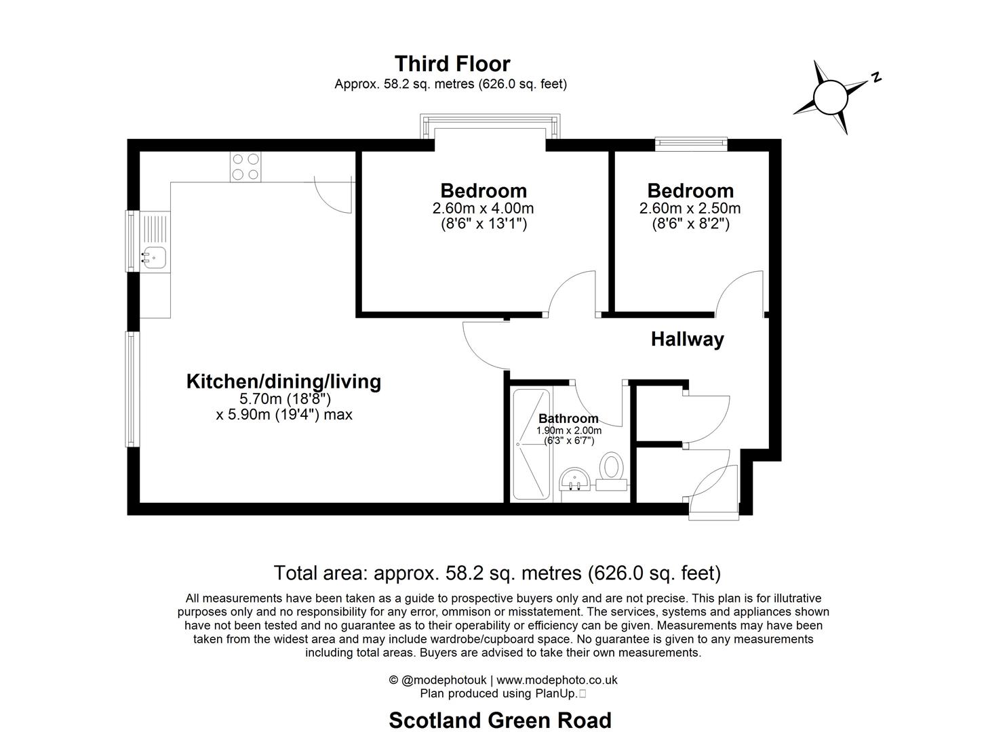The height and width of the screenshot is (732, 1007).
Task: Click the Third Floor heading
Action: click(452, 64)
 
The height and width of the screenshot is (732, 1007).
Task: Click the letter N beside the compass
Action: click(876, 77)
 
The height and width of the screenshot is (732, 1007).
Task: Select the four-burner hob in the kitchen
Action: click(245, 167)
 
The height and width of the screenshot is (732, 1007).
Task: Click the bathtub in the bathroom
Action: click(532, 445)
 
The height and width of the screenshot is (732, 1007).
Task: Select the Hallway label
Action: click(687, 339)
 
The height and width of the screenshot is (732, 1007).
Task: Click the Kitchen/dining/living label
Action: click(283, 382)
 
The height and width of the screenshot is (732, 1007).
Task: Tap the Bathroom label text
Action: click(568, 419)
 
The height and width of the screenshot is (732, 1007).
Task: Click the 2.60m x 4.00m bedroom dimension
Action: click(483, 208)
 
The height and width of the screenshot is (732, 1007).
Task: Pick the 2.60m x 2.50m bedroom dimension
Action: click(690, 208)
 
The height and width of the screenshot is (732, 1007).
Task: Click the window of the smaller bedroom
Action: click(690, 143)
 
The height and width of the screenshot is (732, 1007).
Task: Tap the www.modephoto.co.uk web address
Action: click(557, 680)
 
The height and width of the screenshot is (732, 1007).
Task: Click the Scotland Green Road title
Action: click(500, 720)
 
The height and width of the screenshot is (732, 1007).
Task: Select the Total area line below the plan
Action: click(497, 573)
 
